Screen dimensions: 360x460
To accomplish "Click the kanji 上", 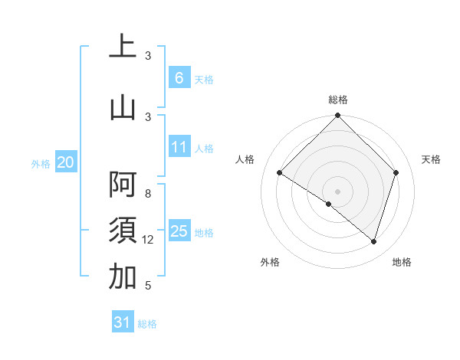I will [123, 47].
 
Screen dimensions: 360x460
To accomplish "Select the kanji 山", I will [123, 106].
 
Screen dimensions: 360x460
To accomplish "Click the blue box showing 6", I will [179, 77].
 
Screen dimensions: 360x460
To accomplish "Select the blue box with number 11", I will [179, 147].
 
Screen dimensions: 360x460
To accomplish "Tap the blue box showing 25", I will [179, 231].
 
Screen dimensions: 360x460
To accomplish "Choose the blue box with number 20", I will [66, 162].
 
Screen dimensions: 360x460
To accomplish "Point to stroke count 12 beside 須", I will [148, 241].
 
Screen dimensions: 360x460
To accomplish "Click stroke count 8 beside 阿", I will [148, 194].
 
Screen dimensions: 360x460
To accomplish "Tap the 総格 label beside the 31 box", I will [147, 324].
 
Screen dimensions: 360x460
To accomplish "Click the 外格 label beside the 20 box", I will [41, 163].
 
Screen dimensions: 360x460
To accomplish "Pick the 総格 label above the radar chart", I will [337, 100].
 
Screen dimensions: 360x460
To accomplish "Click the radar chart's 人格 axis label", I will [245, 159].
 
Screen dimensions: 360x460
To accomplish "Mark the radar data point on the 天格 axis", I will [396, 172].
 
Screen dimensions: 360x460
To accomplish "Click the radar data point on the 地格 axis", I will [374, 241].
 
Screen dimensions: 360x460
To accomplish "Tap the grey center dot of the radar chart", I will [337, 191].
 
